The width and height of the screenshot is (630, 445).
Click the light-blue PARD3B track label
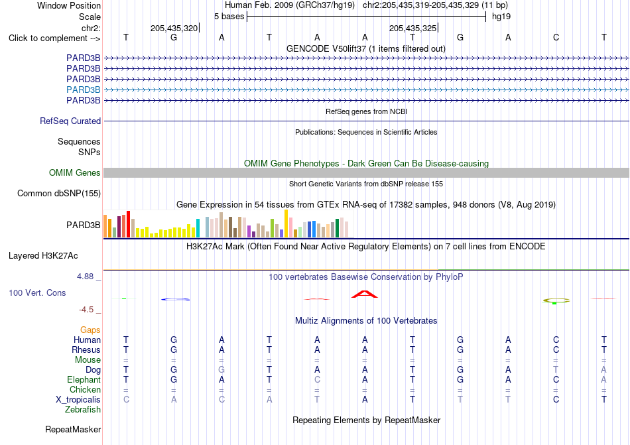pyautogui.click(x=83, y=90)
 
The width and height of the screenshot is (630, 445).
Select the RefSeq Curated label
pyautogui.click(x=70, y=121)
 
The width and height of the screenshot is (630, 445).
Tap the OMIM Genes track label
pyautogui.click(x=75, y=172)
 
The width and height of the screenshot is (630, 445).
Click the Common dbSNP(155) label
pyautogui.click(x=59, y=193)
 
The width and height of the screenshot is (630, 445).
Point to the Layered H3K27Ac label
pyautogui.click(x=43, y=256)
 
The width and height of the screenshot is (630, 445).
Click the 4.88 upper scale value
pyautogui.click(x=85, y=277)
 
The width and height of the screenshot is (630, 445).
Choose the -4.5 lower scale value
pyautogui.click(x=86, y=309)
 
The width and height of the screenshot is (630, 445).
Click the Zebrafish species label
pyautogui.click(x=83, y=410)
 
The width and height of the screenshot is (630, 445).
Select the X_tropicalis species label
pyautogui.click(x=78, y=400)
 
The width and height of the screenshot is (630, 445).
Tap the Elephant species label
pyautogui.click(x=84, y=379)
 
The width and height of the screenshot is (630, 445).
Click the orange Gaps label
pyautogui.click(x=90, y=330)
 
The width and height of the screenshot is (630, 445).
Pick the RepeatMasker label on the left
pyautogui.click(x=73, y=429)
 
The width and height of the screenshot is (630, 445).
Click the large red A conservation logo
pyautogui.click(x=365, y=294)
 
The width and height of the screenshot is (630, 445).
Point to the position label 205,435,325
pyautogui.click(x=412, y=28)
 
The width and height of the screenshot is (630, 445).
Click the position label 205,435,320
pyautogui.click(x=174, y=28)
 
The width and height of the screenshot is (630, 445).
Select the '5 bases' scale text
pyautogui.click(x=229, y=17)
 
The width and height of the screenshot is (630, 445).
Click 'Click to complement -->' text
pyautogui.click(x=54, y=38)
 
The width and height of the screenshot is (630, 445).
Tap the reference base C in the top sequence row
pyautogui.click(x=556, y=37)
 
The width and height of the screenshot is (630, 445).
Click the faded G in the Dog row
pyautogui.click(x=221, y=369)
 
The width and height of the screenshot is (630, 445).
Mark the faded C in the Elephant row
pyautogui.click(x=317, y=379)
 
